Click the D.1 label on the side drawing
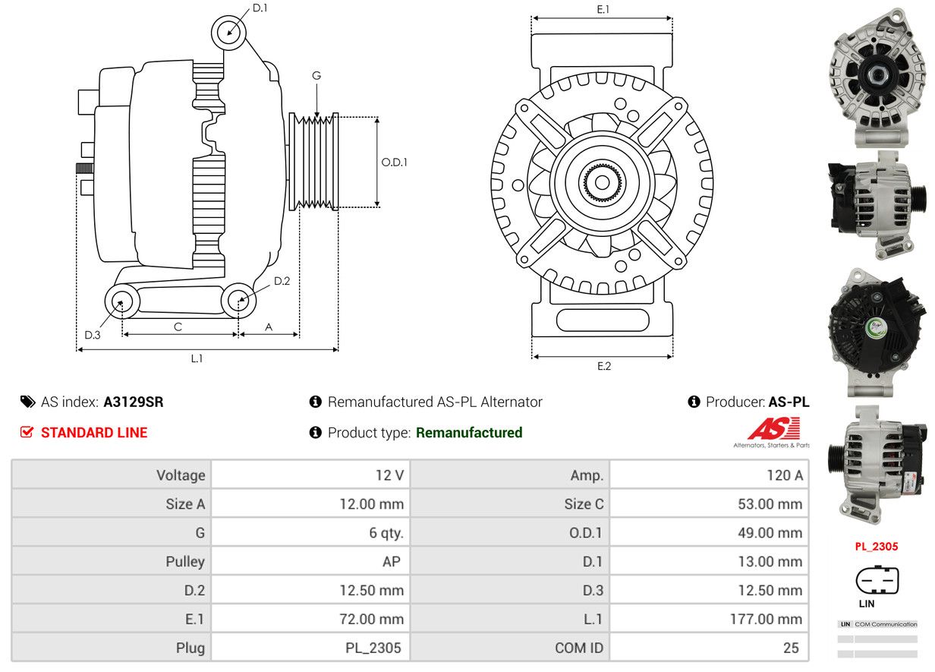[x=260, y=8]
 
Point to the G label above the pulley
[x=316, y=76]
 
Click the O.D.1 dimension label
[x=394, y=162]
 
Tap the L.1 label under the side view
[x=197, y=358]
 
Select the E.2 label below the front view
[x=603, y=366]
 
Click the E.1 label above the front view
[x=603, y=10]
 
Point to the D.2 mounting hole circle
[x=238, y=301]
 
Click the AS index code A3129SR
[x=134, y=402]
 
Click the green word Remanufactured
[x=469, y=433]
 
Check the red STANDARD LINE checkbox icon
[x=27, y=433]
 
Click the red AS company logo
[x=773, y=429]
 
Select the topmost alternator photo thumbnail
[x=877, y=77]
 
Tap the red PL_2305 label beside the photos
[x=876, y=546]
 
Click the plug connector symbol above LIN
[x=877, y=581]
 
